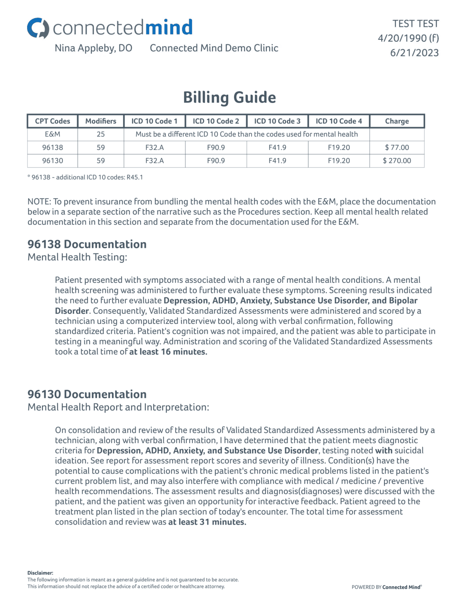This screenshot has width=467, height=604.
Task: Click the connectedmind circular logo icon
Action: tap(38, 28)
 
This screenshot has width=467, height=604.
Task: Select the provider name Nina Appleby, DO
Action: tap(93, 48)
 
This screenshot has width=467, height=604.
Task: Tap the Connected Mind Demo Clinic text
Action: tap(214, 48)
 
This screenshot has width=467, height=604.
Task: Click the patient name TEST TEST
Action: tap(415, 24)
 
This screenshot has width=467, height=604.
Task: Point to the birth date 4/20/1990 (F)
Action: tap(408, 38)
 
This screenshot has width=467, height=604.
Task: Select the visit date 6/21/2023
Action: tap(414, 53)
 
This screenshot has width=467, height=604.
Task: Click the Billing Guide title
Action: tap(229, 98)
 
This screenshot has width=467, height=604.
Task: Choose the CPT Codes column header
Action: tap(52, 121)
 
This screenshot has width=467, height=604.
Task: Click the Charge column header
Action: tap(397, 121)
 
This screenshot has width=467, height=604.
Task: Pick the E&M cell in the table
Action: tap(52, 134)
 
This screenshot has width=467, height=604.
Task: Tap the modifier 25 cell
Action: tap(101, 134)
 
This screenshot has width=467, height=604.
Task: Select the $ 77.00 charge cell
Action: tap(397, 147)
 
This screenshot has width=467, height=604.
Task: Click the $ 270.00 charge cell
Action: tap(397, 160)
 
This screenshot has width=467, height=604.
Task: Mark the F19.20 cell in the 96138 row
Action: tap(339, 147)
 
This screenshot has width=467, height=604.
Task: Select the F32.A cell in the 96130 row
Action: tap(154, 160)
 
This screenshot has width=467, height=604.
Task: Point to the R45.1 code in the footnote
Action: tap(135, 177)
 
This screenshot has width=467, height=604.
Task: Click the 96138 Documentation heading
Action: tap(87, 244)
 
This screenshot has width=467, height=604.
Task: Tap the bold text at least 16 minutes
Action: tap(168, 352)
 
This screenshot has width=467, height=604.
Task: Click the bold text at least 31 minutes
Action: tap(207, 522)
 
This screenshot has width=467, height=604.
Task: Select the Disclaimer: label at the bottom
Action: tap(40, 573)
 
